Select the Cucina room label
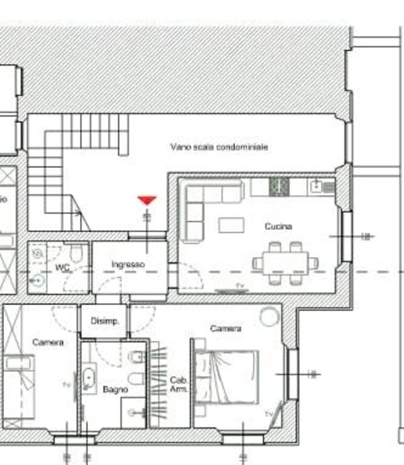click(x=277, y=226)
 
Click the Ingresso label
click(x=128, y=265)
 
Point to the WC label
click(x=62, y=267)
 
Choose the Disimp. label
click(x=104, y=321)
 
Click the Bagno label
click(x=115, y=388)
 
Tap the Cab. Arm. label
click(x=179, y=384)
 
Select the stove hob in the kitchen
click(x=280, y=186)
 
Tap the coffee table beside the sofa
click(x=230, y=225)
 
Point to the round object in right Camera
click(x=269, y=316)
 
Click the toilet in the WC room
click(x=76, y=255)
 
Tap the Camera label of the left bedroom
click(x=48, y=342)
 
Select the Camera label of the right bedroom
click(x=225, y=329)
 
